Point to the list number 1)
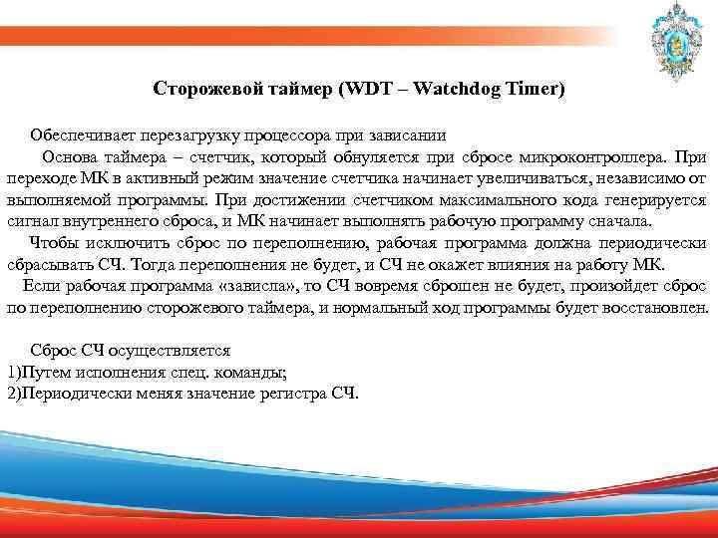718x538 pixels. (x=13, y=373)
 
